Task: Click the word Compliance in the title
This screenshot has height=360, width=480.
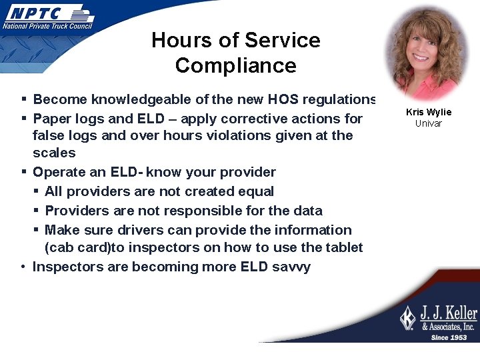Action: pyautogui.click(x=235, y=65)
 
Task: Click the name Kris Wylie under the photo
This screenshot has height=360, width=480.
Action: pyautogui.click(x=429, y=112)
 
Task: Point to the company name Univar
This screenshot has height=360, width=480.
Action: pyautogui.click(x=429, y=123)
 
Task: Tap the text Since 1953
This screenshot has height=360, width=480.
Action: pyautogui.click(x=449, y=337)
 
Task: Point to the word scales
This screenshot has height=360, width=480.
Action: pyautogui.click(x=54, y=153)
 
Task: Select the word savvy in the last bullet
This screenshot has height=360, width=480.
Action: pyautogui.click(x=291, y=267)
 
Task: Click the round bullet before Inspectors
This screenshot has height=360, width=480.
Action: pyautogui.click(x=23, y=267)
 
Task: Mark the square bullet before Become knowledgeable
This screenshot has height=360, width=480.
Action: pyautogui.click(x=23, y=99)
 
